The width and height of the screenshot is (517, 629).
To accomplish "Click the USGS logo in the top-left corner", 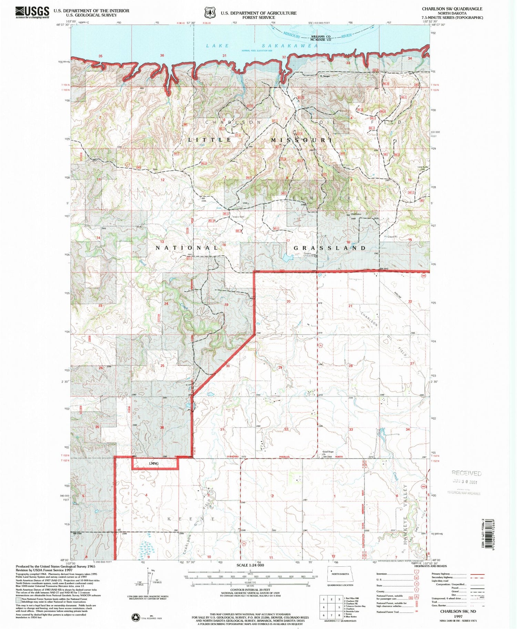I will pos(32,12).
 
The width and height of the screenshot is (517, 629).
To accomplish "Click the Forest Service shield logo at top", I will pos(209,13).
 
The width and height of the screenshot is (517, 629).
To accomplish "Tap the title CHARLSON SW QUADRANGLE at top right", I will pos(452,9).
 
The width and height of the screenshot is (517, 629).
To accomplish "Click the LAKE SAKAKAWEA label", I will pos(262,45).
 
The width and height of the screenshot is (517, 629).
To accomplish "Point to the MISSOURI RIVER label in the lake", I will pos(317,35).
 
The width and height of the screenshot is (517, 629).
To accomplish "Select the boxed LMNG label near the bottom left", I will pos(154,463).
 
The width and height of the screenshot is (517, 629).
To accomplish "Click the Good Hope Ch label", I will pos(328,453).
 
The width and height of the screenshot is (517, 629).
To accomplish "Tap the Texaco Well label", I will pos(237,217).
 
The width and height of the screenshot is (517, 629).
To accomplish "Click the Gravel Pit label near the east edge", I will pos(392,237).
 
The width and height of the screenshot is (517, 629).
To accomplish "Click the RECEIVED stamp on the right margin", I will pos(466,473).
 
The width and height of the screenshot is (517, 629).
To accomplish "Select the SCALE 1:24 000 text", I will pos(250,565).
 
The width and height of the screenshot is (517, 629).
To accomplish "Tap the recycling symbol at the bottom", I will pos(136,617).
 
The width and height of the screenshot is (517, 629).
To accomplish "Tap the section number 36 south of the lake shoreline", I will pos(162,55).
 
